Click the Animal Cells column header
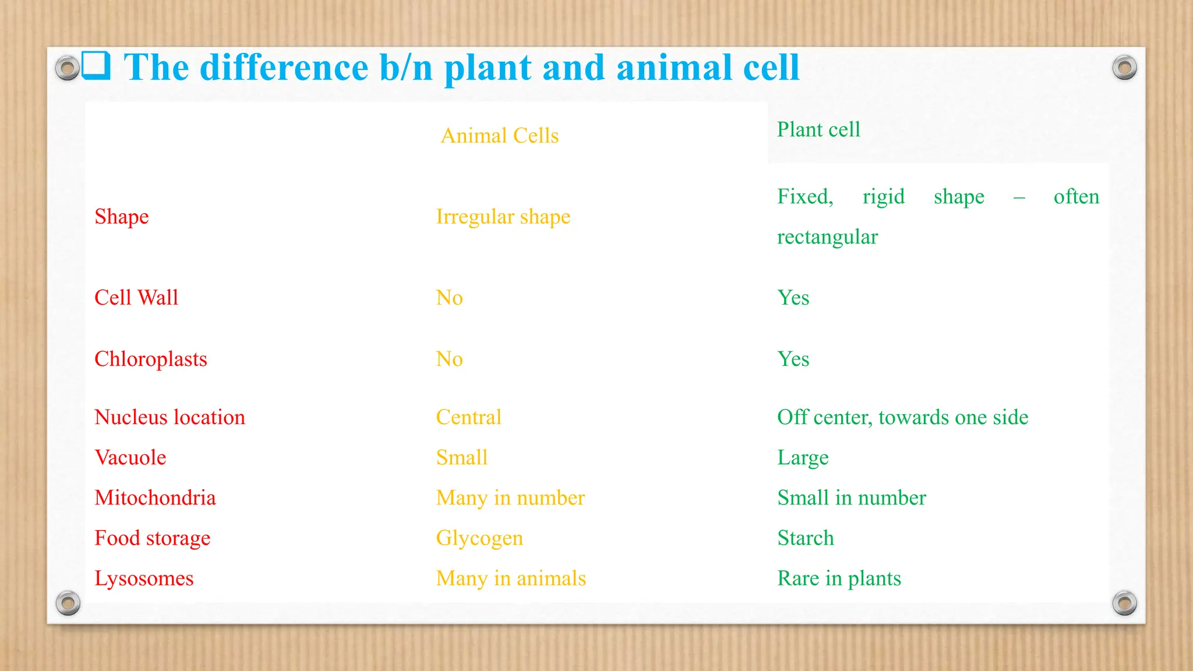[x=499, y=136]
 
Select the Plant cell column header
[x=818, y=129]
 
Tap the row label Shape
[x=122, y=217]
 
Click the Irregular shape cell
[x=503, y=217]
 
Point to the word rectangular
[x=827, y=237]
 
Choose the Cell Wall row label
[x=136, y=298]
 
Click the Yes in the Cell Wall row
[x=793, y=298]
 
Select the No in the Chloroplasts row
[x=449, y=359]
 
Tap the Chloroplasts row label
[x=150, y=359]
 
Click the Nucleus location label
[x=170, y=417]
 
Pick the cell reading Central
[x=468, y=417]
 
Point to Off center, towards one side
[x=902, y=417]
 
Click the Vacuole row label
[x=130, y=457]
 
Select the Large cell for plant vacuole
[x=802, y=458]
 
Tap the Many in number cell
[x=510, y=498]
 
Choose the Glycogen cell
[x=479, y=538]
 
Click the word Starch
[x=805, y=538]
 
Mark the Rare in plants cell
[x=838, y=578]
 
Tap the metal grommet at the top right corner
[x=1124, y=68]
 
